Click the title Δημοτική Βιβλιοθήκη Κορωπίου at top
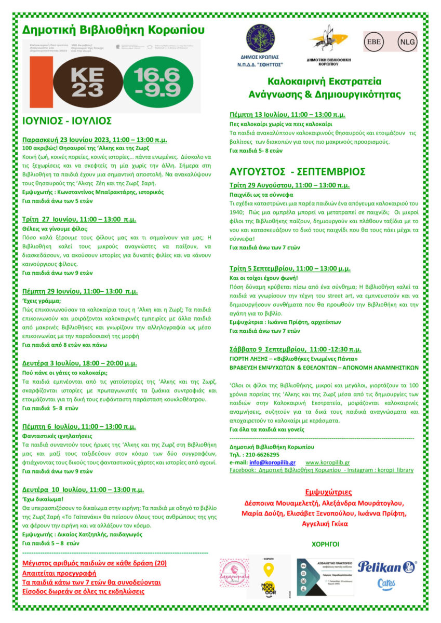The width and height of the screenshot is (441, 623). click(x=113, y=30)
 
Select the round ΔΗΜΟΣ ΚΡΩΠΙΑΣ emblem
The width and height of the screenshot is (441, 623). click(x=261, y=39)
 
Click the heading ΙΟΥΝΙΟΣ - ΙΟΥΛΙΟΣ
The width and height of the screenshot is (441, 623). click(x=67, y=121)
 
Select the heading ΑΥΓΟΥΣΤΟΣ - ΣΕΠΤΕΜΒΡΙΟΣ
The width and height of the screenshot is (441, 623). click(x=298, y=171)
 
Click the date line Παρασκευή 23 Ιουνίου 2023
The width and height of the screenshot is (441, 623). click(x=95, y=140)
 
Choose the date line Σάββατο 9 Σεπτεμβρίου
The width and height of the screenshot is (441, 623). click(x=295, y=349)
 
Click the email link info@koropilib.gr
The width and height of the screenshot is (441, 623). click(x=272, y=462)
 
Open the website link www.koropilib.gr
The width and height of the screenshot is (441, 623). click(x=327, y=462)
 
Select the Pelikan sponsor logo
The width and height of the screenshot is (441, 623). click(x=386, y=566)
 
